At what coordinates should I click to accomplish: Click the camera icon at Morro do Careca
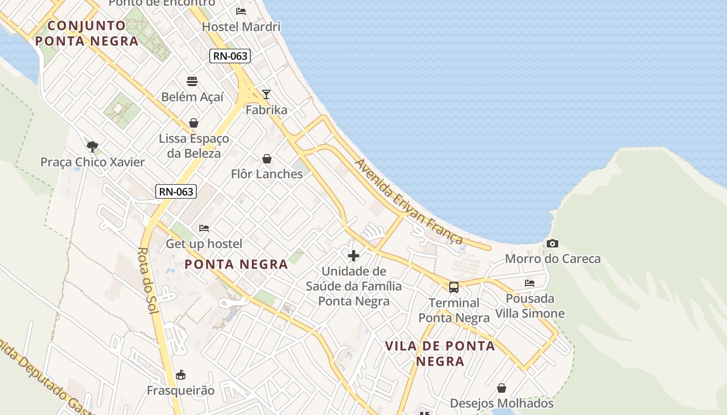click(553, 243)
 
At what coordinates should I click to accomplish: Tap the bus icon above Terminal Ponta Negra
click(454, 287)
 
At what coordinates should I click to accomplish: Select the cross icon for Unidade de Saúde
click(354, 256)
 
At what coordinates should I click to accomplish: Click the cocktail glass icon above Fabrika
click(266, 94)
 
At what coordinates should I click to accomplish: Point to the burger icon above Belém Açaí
click(192, 81)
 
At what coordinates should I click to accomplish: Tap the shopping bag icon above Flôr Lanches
click(267, 158)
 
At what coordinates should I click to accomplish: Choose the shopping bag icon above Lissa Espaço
click(194, 123)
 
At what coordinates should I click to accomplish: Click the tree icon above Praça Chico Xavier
click(92, 146)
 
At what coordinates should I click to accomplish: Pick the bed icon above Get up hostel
click(204, 228)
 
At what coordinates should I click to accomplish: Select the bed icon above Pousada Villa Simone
click(530, 283)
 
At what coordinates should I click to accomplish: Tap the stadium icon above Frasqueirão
click(181, 375)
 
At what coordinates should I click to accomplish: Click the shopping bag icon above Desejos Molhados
click(502, 388)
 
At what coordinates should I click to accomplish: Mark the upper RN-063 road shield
click(230, 56)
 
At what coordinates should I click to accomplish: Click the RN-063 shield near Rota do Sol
click(176, 191)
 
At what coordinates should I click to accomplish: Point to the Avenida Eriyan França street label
click(409, 201)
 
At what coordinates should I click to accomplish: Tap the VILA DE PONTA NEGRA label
click(440, 353)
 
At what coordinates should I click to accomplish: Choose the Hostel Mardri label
click(241, 26)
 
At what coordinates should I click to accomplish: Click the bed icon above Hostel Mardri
click(241, 11)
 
